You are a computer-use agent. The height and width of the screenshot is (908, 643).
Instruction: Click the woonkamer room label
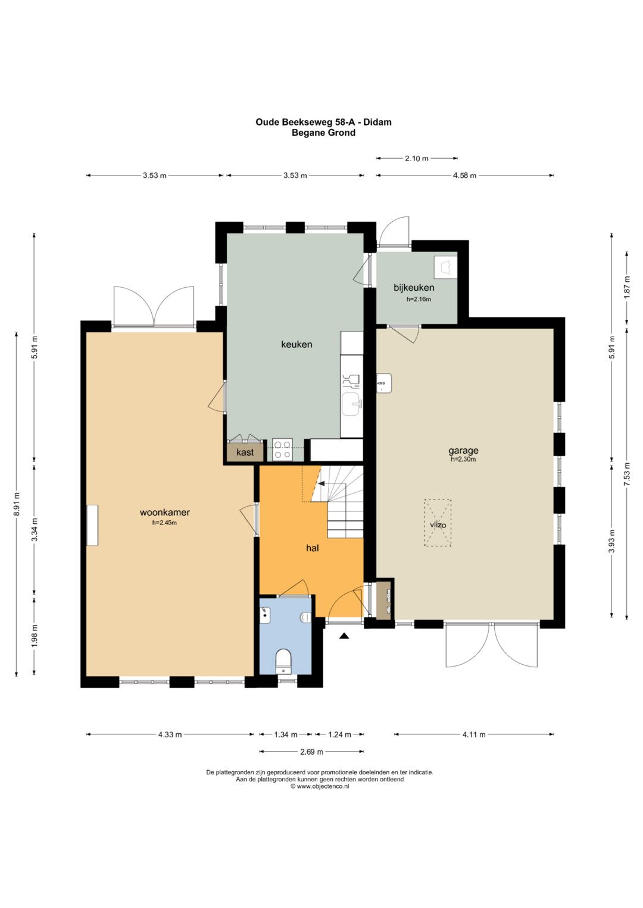coord(164,512)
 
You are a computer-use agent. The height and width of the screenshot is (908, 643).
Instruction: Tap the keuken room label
coord(296,344)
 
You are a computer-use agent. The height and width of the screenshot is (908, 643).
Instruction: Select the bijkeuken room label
coord(414,287)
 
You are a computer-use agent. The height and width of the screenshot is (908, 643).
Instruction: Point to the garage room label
coord(463,450)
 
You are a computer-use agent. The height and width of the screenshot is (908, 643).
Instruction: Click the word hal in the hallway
coord(312,548)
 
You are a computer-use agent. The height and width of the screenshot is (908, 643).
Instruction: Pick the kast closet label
coord(245,452)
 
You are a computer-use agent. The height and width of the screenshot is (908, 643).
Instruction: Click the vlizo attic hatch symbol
coord(438,523)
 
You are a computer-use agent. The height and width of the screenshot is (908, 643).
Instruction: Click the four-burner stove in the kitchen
coord(283,450)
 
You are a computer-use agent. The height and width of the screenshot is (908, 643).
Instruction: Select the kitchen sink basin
coord(351,404)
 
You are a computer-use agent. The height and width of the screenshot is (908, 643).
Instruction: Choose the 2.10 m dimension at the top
coord(417,158)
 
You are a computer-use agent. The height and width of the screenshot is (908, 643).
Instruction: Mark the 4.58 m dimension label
coord(464,175)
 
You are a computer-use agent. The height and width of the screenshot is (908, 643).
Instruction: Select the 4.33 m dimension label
coord(170,734)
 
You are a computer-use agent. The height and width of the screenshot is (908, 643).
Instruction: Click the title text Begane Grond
coord(323,133)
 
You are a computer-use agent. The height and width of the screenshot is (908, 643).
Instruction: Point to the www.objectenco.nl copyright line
coord(320,786)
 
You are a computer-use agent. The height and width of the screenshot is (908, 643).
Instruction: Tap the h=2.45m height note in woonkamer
coord(164,523)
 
